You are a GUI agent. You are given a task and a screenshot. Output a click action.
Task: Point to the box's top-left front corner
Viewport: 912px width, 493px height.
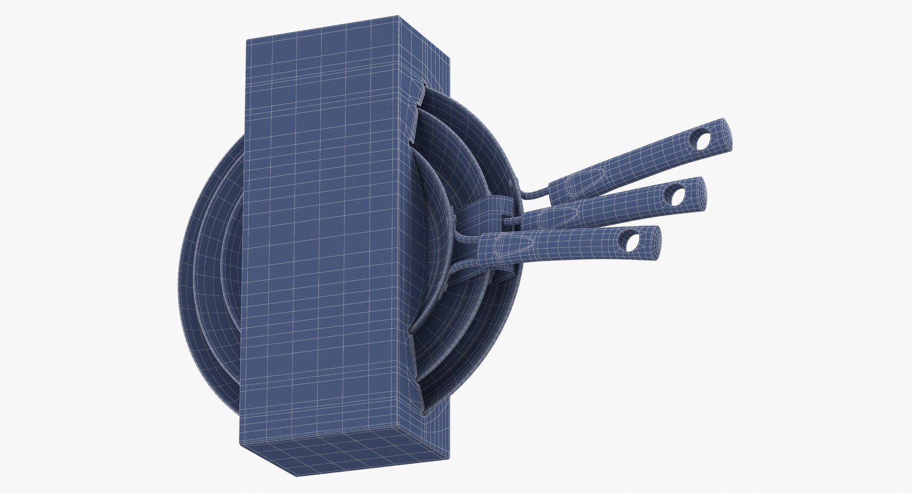pyautogui.click(x=246, y=40)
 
